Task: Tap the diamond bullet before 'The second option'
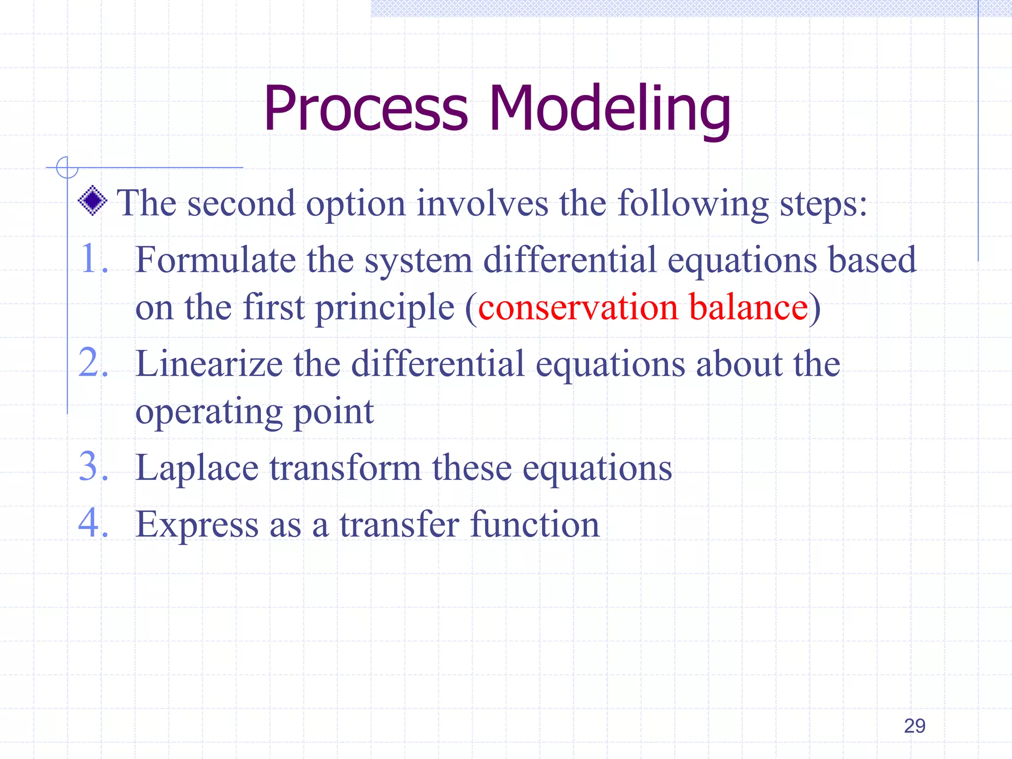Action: tap(92, 201)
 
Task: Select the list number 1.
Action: tap(91, 259)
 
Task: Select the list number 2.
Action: tap(92, 363)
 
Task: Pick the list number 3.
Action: tap(92, 467)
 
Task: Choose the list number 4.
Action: tap(92, 524)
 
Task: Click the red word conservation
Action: tap(578, 307)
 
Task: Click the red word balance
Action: tap(748, 307)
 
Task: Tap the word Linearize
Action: tap(209, 364)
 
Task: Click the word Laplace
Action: tap(197, 468)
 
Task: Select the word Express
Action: tap(197, 525)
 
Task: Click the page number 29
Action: tap(914, 726)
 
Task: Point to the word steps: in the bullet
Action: tap(823, 205)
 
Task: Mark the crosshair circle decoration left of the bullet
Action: tap(67, 168)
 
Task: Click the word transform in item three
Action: tap(345, 468)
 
